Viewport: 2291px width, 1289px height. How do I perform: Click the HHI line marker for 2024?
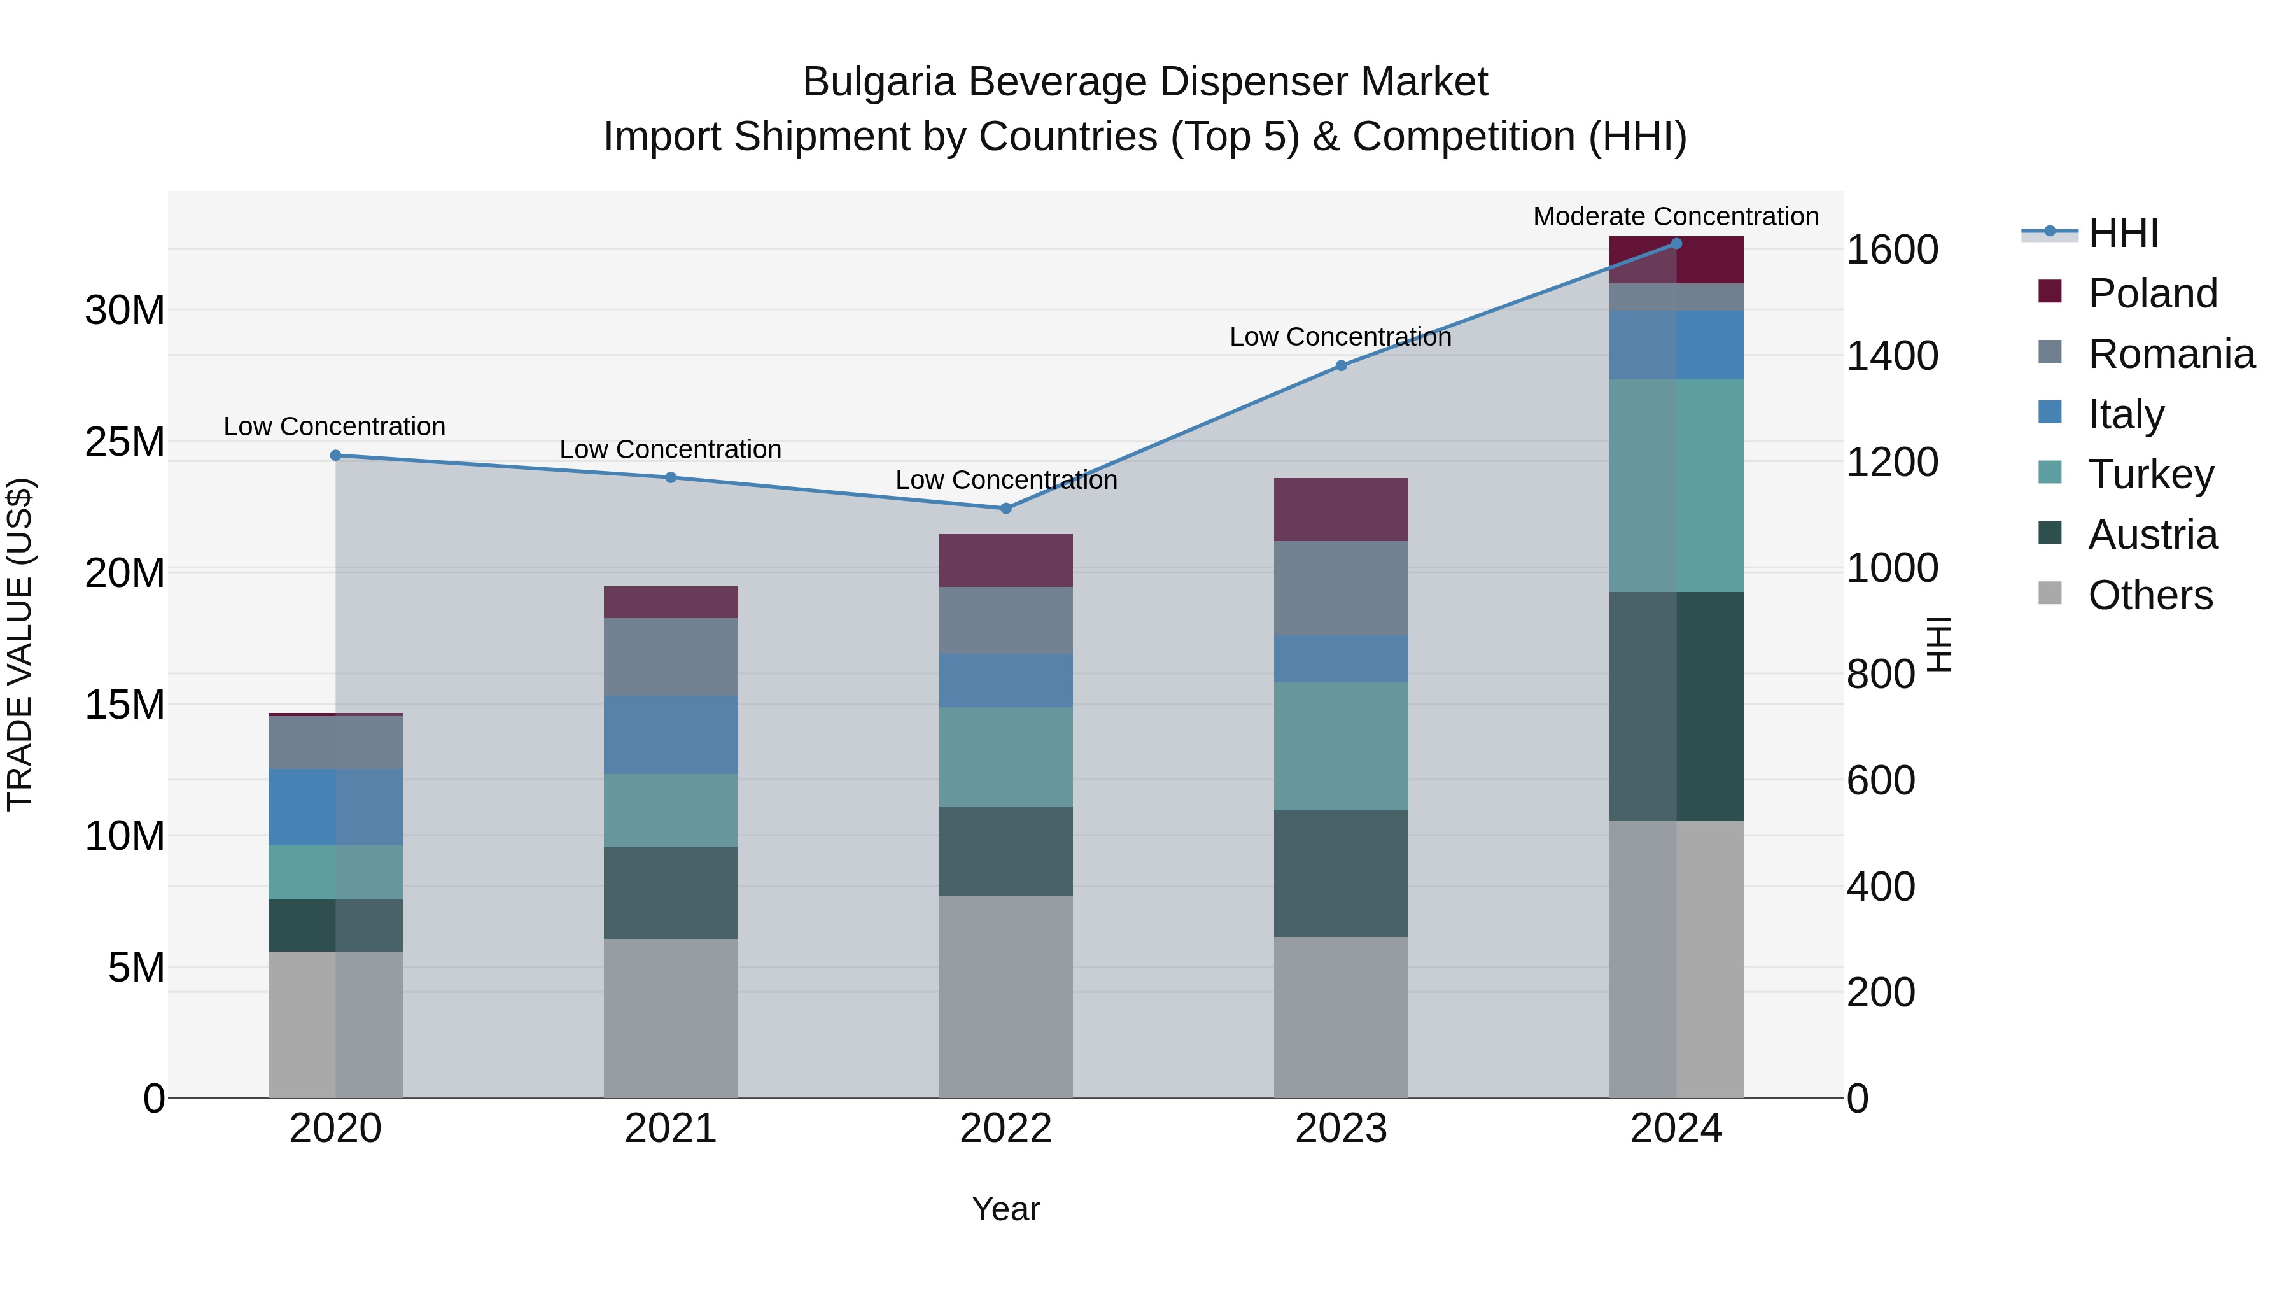(1676, 244)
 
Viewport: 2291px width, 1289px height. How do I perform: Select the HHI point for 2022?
(1006, 509)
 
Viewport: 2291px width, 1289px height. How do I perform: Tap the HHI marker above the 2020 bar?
(335, 456)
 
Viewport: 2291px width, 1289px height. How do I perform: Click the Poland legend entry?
(2152, 293)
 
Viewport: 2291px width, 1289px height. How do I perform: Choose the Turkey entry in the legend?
(2150, 474)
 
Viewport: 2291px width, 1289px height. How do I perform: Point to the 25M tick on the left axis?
(125, 442)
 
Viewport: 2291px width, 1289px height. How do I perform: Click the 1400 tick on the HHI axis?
(1892, 356)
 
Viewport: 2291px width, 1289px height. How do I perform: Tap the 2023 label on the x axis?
(1340, 1129)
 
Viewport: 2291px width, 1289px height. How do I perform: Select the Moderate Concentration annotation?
(1676, 216)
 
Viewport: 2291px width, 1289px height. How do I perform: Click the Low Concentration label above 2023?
(1340, 337)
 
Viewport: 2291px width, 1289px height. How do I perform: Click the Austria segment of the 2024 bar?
(1676, 707)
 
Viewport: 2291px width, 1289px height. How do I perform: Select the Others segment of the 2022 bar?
(1006, 996)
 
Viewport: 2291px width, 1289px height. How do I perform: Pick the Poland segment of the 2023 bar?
(1340, 510)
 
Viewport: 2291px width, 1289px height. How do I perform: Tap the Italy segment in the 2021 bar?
(671, 735)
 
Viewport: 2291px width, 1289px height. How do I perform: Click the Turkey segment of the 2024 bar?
(1676, 486)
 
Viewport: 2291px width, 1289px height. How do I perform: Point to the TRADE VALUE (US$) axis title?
(20, 644)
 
